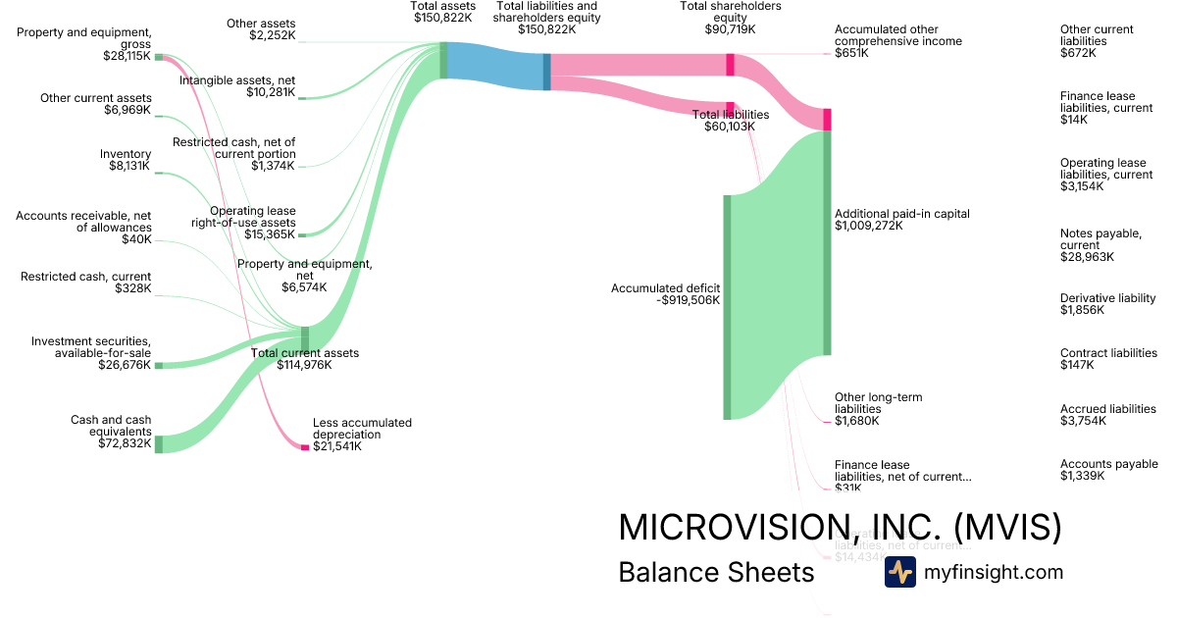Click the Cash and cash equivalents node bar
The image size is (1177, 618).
pos(159,443)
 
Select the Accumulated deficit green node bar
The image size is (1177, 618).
pos(727,307)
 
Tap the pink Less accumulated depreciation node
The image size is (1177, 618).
pos(304,447)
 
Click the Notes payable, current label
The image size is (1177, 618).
pos(1100,245)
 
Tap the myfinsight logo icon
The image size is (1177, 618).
pos(899,572)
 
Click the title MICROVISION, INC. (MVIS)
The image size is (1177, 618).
pos(840,528)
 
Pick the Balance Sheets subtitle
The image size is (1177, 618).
pos(716,572)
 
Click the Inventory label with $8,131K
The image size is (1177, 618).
pos(126,160)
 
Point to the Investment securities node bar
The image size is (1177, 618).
pos(159,365)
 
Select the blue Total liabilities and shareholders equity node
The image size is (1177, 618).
pos(546,72)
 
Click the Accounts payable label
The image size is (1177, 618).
pos(1108,470)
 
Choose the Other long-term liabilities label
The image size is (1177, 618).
pos(878,409)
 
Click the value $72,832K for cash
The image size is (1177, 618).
pos(125,443)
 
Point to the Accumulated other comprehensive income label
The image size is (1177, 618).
pos(897,41)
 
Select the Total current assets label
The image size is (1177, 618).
pos(305,359)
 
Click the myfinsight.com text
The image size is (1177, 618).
pos(994,572)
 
